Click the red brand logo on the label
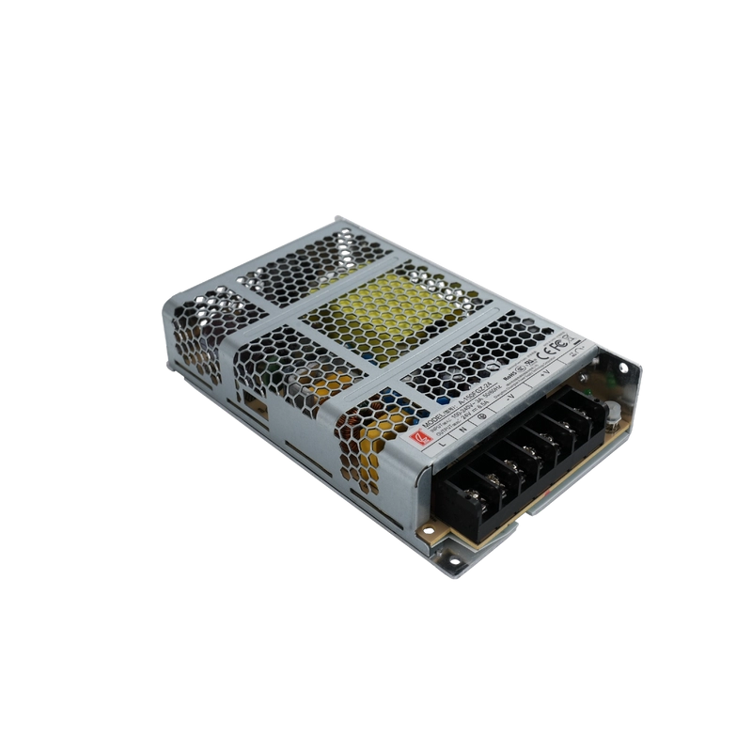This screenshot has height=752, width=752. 414,434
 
